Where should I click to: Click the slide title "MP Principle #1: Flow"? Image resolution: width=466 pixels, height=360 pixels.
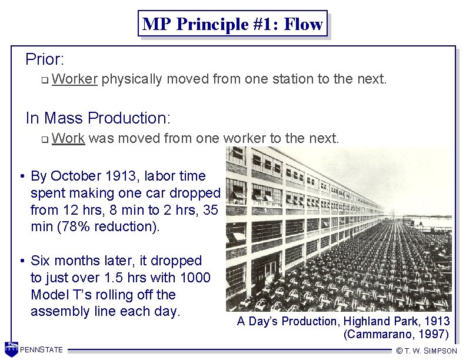(x=232, y=24)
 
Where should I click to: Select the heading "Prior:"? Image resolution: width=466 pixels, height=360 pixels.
(x=45, y=59)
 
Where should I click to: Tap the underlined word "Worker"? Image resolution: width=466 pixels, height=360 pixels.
(x=74, y=79)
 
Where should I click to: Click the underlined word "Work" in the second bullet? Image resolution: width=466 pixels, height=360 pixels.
(x=68, y=139)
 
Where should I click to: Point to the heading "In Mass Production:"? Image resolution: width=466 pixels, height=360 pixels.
(x=98, y=118)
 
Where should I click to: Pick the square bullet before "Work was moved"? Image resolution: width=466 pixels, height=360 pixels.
(x=44, y=140)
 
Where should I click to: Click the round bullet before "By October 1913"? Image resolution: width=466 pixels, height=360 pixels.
(x=21, y=176)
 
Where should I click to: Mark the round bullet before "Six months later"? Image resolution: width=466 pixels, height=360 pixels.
(x=21, y=261)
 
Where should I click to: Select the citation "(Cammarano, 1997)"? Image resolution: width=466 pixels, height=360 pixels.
(x=396, y=335)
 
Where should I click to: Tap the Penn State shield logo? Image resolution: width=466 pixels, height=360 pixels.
(x=11, y=349)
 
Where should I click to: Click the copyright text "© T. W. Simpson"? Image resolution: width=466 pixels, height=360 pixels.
(x=427, y=351)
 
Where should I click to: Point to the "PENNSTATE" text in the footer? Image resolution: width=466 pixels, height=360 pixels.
(x=41, y=351)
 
